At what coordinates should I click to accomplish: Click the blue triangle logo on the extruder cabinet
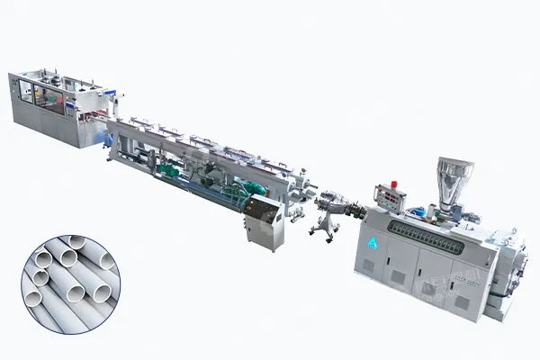(373, 241)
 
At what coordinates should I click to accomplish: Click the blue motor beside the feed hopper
(418, 213)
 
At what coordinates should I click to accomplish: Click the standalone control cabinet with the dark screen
(264, 222)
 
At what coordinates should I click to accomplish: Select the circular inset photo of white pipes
(70, 283)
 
